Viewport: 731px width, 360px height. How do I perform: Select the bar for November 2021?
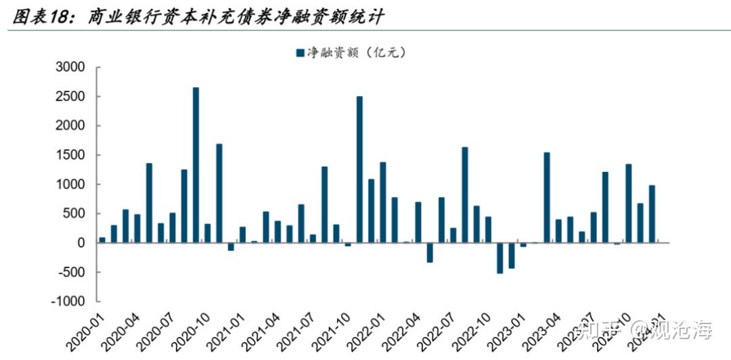click(x=359, y=169)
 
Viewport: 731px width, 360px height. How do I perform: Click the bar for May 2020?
click(x=149, y=203)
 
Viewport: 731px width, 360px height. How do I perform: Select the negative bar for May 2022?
click(x=430, y=252)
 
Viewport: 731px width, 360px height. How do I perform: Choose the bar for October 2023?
click(x=629, y=203)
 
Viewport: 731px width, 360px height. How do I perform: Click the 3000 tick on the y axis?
click(x=71, y=68)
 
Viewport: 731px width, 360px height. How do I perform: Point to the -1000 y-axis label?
click(x=68, y=302)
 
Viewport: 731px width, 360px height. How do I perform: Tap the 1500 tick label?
click(x=71, y=156)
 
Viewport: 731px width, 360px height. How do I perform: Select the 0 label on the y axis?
click(x=81, y=243)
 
